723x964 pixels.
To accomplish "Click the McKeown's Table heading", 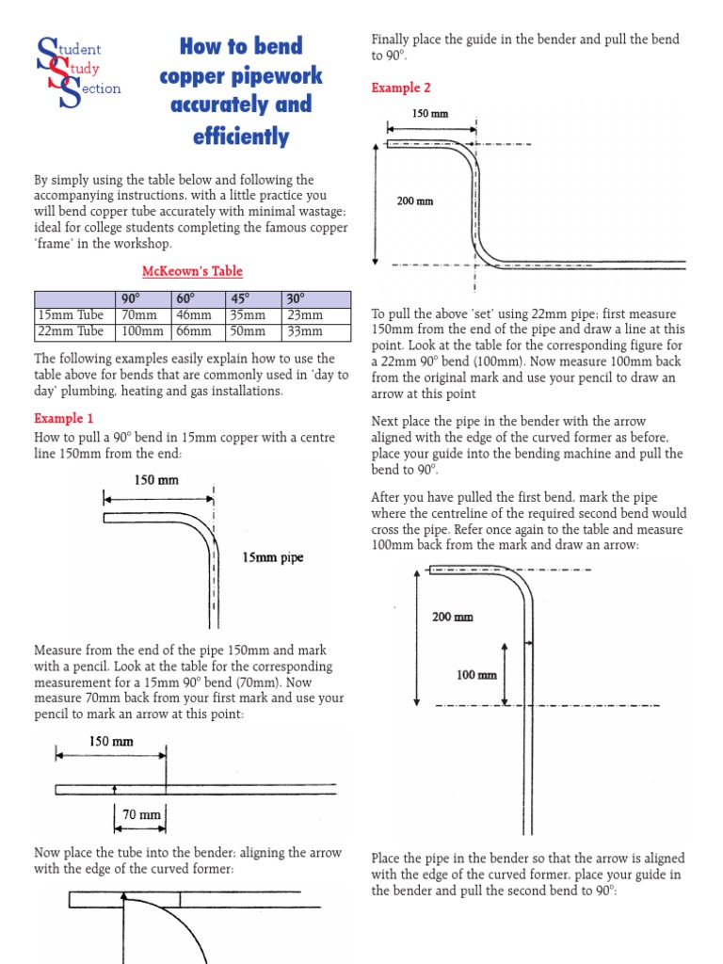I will tap(192, 271).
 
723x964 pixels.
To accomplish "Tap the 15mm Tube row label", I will tap(72, 315).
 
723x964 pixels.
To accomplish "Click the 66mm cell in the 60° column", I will tap(195, 331).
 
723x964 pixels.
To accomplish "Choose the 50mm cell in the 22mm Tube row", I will tap(250, 331).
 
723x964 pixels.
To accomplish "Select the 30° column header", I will tap(297, 299).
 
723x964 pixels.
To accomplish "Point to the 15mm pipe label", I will tap(273, 557).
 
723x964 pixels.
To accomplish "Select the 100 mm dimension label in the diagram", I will tap(476, 675).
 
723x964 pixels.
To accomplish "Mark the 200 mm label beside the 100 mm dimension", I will tap(452, 618).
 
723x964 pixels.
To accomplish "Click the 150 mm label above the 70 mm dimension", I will tap(111, 742).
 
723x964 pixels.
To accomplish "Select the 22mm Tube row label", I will tap(72, 331).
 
